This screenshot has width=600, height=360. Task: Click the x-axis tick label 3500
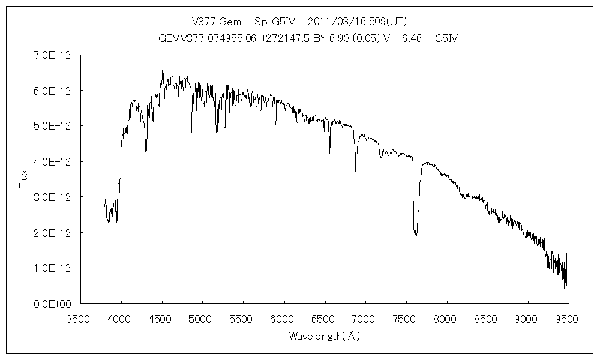(x=80, y=318)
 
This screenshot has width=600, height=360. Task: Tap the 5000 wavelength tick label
(x=202, y=318)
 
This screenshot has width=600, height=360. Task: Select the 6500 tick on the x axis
(x=324, y=318)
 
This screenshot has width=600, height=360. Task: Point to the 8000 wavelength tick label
(x=446, y=318)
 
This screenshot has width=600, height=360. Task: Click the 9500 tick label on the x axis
(x=568, y=318)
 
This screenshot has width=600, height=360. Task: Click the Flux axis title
(x=23, y=179)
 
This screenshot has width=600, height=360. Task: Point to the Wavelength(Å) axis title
(x=324, y=336)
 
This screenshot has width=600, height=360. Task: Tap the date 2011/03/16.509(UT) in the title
(x=357, y=22)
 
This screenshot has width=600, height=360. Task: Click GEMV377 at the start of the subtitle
(x=178, y=38)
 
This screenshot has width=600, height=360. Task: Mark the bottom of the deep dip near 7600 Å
(x=415, y=236)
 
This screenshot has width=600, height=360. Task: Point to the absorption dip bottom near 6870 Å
(x=355, y=173)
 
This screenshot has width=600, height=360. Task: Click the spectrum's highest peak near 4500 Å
(x=162, y=71)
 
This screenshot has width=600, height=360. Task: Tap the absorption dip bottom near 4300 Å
(x=146, y=151)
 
